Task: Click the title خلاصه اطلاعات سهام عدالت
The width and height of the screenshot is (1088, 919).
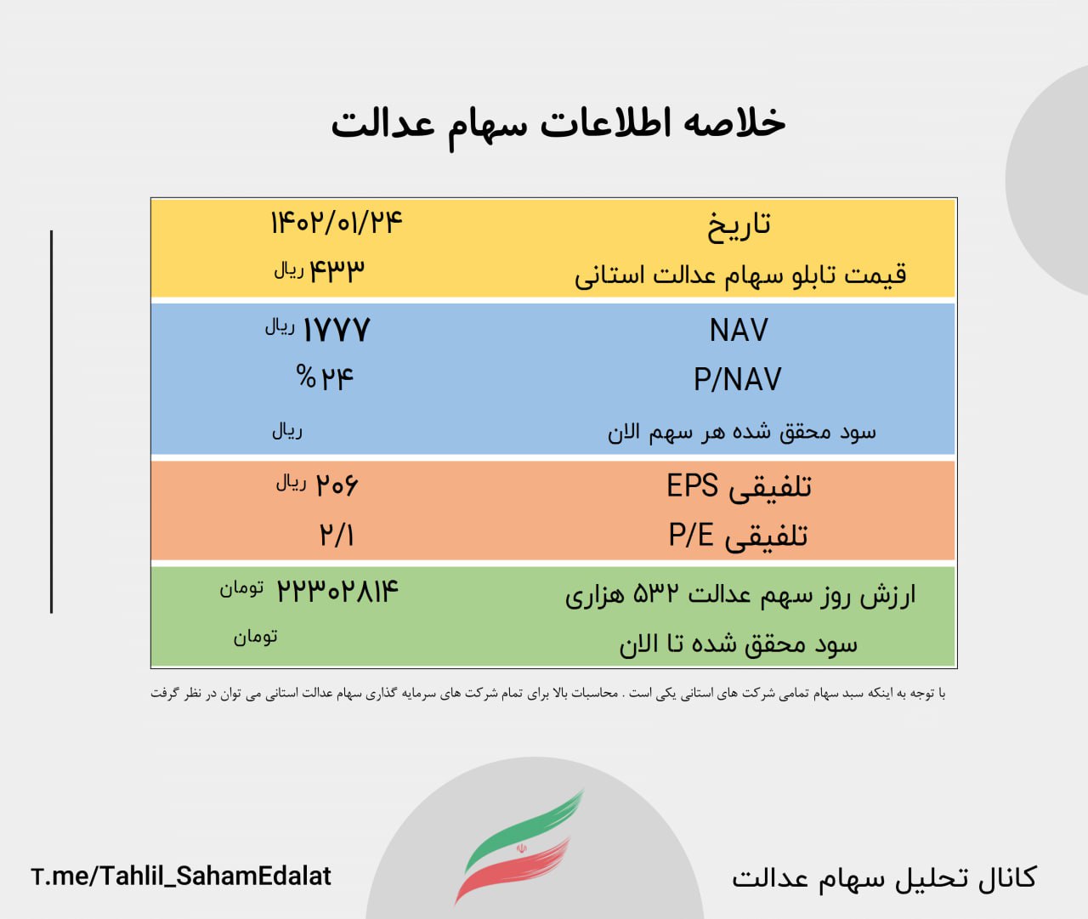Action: point(558,126)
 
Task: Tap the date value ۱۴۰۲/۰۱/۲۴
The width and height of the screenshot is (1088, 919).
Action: point(337,223)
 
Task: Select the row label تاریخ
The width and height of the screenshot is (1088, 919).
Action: point(739,225)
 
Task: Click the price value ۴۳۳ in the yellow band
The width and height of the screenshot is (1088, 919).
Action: point(337,270)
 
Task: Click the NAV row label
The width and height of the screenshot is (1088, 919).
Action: point(739,330)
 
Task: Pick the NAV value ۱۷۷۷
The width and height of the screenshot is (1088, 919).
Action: point(337,330)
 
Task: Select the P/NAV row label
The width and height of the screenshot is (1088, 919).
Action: point(738,379)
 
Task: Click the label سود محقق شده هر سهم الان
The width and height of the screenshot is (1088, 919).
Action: point(741,433)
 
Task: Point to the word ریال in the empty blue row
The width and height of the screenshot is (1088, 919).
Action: point(287,431)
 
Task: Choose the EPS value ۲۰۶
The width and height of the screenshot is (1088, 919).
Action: point(337,485)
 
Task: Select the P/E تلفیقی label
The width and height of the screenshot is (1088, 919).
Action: point(739,536)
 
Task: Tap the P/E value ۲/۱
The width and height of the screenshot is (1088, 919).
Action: point(337,535)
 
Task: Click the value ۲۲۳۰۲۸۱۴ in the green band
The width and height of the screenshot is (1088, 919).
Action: point(337,591)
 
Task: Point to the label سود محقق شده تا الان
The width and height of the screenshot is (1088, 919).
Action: point(738,644)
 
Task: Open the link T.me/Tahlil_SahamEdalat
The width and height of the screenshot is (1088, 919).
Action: point(181,876)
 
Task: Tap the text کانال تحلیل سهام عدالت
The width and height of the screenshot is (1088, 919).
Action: point(884,878)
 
